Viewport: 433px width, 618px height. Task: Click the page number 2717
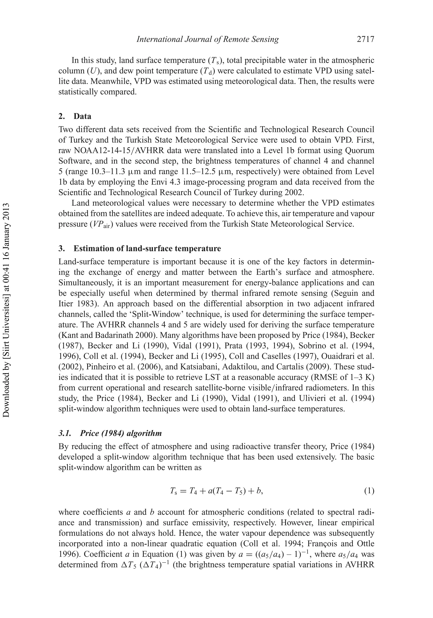point(365,40)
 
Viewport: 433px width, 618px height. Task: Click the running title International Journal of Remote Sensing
point(208,40)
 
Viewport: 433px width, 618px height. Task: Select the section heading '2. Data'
point(75,116)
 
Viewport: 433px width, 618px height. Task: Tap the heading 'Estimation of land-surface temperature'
point(147,248)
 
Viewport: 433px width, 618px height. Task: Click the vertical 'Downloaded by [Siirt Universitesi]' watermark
point(6,310)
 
